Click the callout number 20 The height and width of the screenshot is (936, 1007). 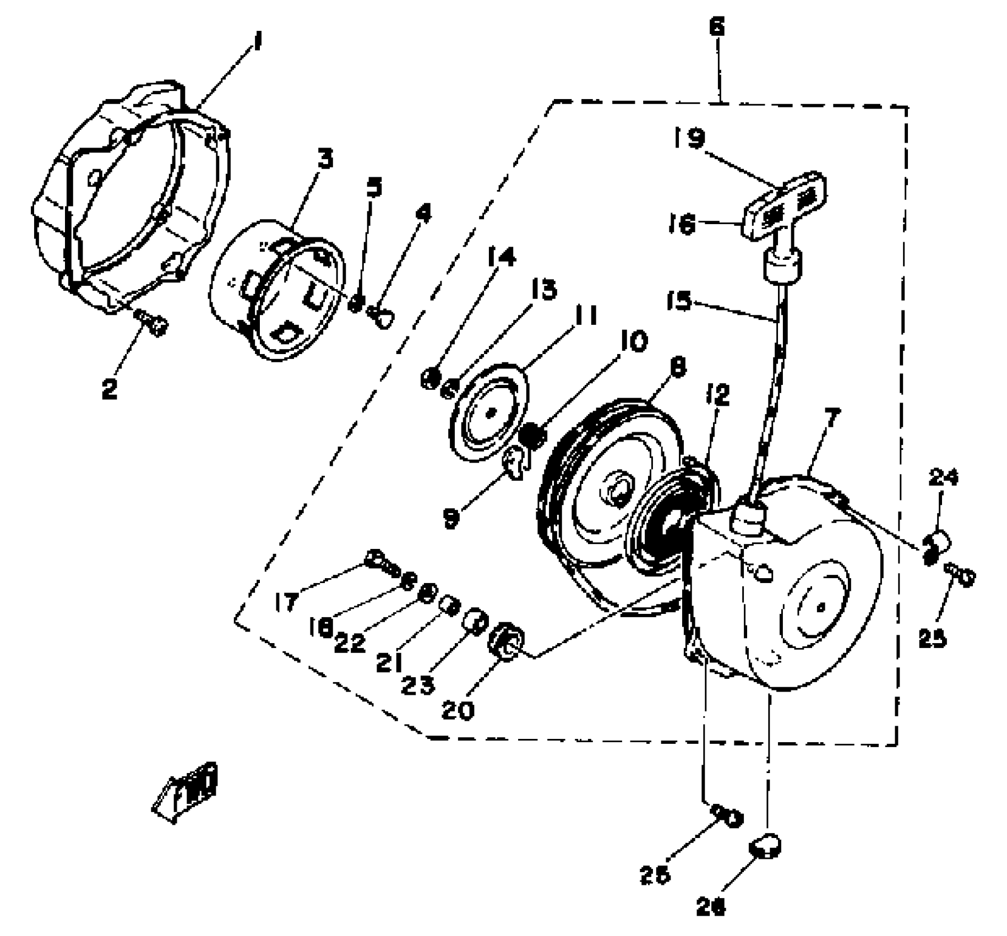coord(458,710)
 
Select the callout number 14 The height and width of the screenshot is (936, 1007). coord(501,257)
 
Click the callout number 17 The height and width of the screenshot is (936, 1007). coord(286,601)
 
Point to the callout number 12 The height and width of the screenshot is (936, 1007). coord(717,394)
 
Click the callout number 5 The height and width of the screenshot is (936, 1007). coord(374,189)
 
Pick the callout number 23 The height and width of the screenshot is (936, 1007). coord(418,684)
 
